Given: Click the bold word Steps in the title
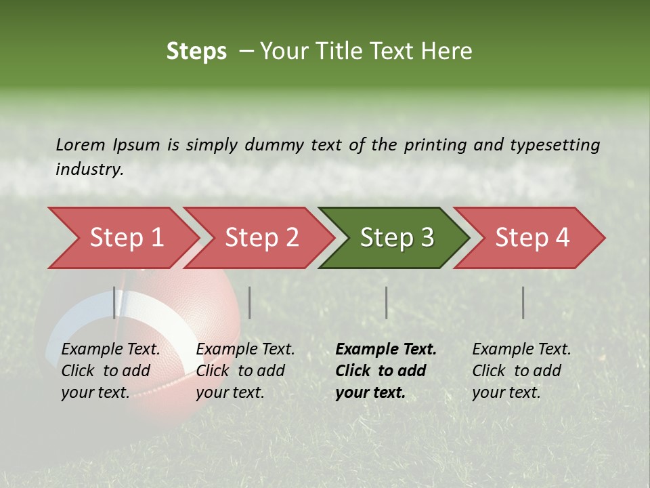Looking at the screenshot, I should click(x=196, y=52).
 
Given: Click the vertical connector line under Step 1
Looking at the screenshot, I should click(x=114, y=302).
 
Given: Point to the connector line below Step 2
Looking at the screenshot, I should click(x=250, y=302).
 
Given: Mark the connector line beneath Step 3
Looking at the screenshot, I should click(x=387, y=302).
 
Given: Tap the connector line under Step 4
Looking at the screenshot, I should click(x=523, y=302).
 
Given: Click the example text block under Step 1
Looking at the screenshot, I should click(x=110, y=371).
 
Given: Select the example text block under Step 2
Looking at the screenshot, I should click(x=245, y=371).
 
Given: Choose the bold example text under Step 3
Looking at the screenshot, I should click(x=386, y=371).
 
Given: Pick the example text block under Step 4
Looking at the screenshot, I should click(x=521, y=371).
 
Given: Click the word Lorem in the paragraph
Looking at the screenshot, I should click(x=81, y=144).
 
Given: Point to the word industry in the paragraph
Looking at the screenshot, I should click(x=89, y=169).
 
